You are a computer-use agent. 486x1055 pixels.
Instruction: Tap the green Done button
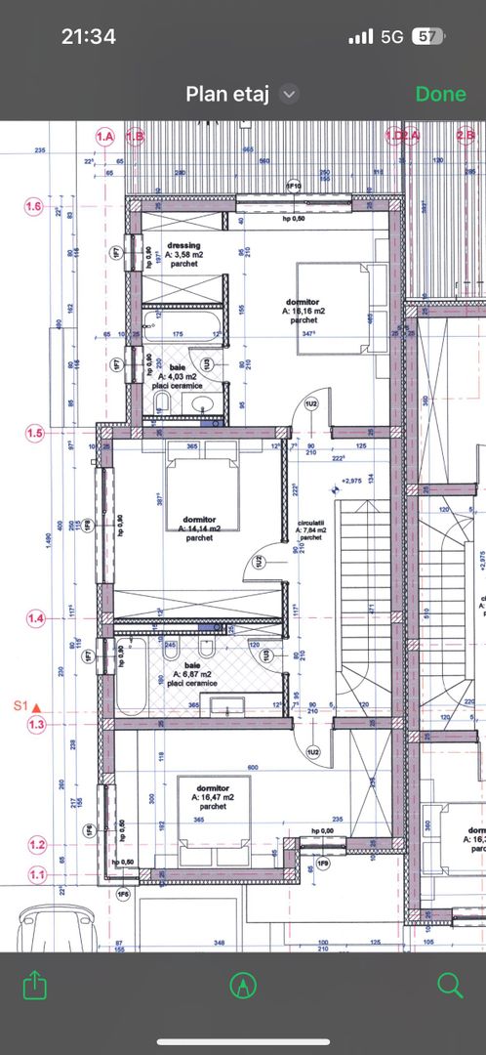coord(440,94)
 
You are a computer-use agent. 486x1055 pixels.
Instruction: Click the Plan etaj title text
coord(228,94)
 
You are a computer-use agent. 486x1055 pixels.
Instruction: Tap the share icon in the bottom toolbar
coord(34,985)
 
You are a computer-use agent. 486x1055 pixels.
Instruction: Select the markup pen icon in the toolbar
coord(242,985)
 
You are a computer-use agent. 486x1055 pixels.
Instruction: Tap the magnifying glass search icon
coord(450,985)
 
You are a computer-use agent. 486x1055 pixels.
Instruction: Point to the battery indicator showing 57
coord(425,37)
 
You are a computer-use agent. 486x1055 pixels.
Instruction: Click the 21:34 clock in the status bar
coord(88,37)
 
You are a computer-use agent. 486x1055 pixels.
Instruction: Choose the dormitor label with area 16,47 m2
coord(212,796)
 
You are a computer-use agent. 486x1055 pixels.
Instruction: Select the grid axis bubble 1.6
coord(35,207)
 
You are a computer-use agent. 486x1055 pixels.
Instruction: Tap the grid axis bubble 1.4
coord(35,618)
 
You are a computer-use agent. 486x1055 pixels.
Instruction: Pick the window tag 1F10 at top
coord(292,186)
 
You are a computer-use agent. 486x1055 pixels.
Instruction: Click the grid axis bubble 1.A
coord(104,137)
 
